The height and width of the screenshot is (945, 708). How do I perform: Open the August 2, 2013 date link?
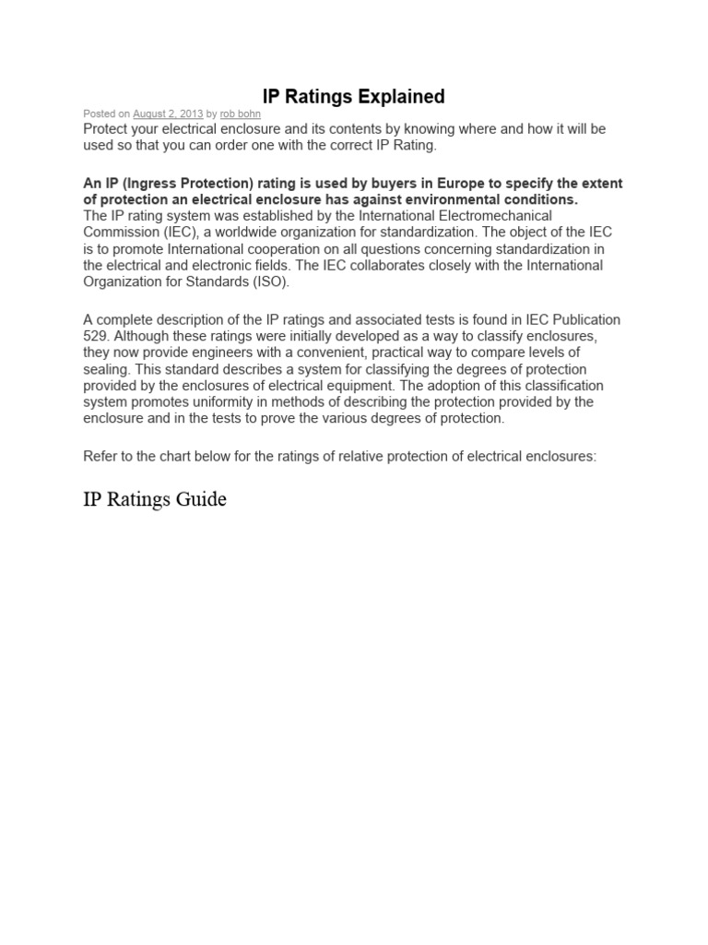point(168,114)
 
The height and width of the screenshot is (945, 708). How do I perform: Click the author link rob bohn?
point(240,114)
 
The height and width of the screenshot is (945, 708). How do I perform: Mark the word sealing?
point(107,369)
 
